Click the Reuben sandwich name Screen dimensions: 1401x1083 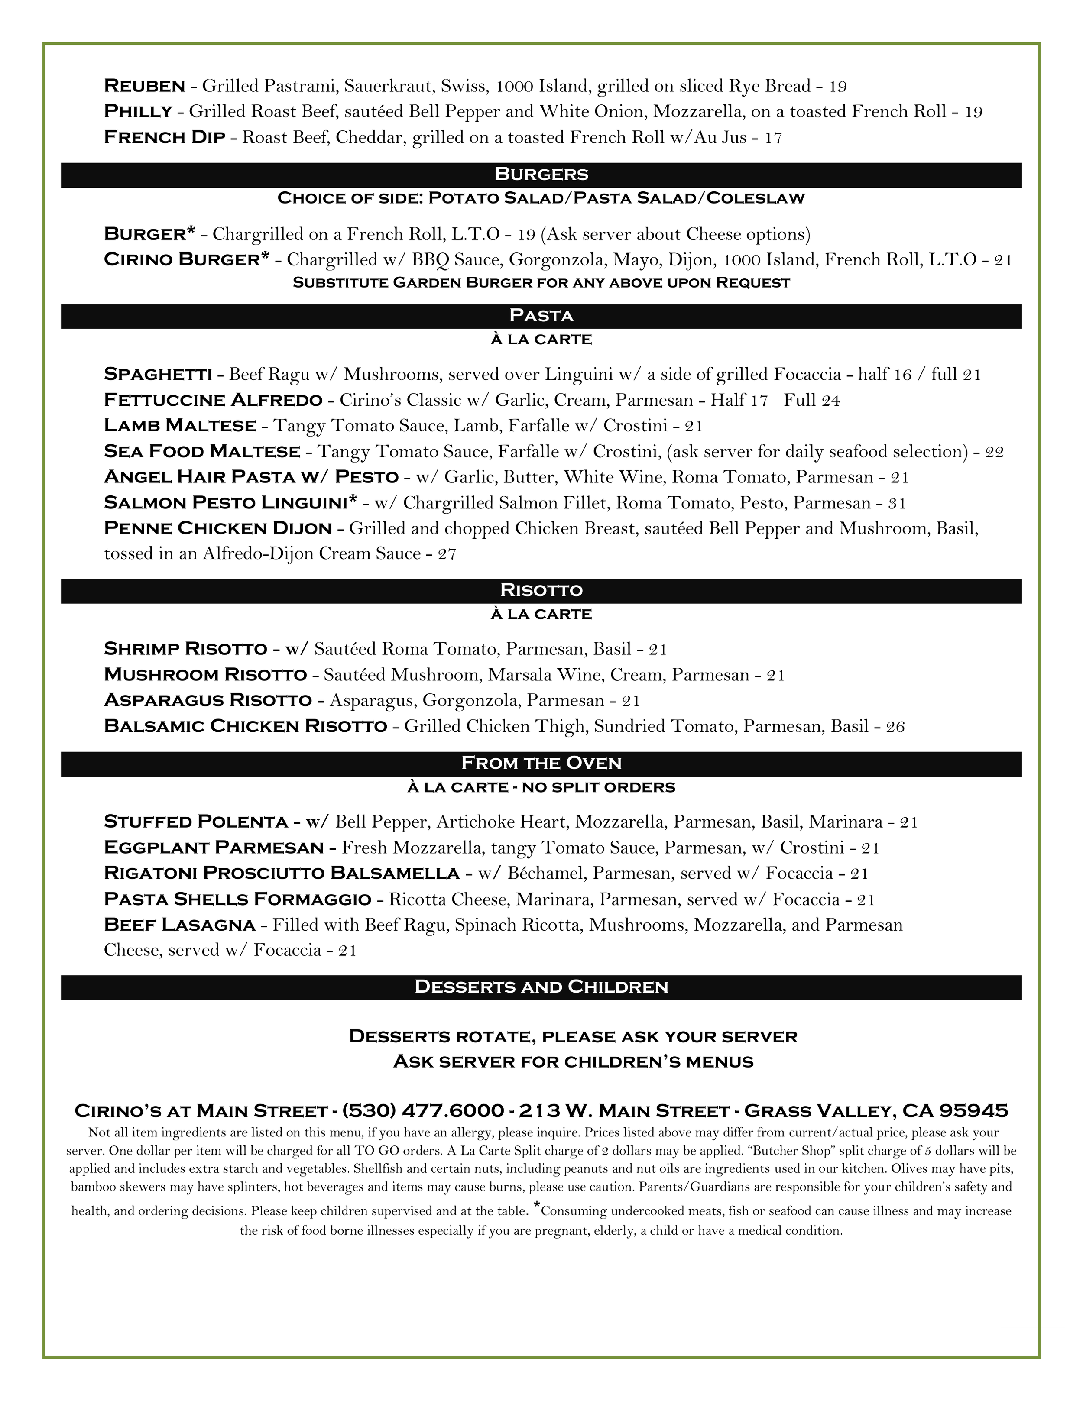tap(144, 85)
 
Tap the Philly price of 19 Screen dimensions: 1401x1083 tap(973, 112)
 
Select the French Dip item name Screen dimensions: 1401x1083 tap(164, 137)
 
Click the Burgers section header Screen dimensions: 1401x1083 tap(541, 175)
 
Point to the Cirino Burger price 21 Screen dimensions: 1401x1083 tap(1003, 260)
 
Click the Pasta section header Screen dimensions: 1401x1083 tap(541, 316)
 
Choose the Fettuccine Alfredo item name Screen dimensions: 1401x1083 tap(212, 400)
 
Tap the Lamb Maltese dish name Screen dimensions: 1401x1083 tap(180, 426)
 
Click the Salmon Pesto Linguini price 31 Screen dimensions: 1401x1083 tap(897, 503)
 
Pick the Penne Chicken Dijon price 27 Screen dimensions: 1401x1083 tap(447, 553)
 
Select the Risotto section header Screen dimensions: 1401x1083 tap(541, 590)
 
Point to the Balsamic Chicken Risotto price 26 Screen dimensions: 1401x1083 tap(895, 727)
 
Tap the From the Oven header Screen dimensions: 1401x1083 tap(541, 764)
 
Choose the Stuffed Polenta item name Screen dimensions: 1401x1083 tap(196, 822)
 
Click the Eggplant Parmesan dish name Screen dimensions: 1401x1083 tap(213, 848)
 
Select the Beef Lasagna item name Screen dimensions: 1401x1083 tap(180, 925)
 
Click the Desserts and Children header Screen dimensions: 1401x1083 tap(541, 987)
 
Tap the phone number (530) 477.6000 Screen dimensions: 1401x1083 tap(423, 1110)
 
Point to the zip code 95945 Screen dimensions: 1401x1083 tap(973, 1110)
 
